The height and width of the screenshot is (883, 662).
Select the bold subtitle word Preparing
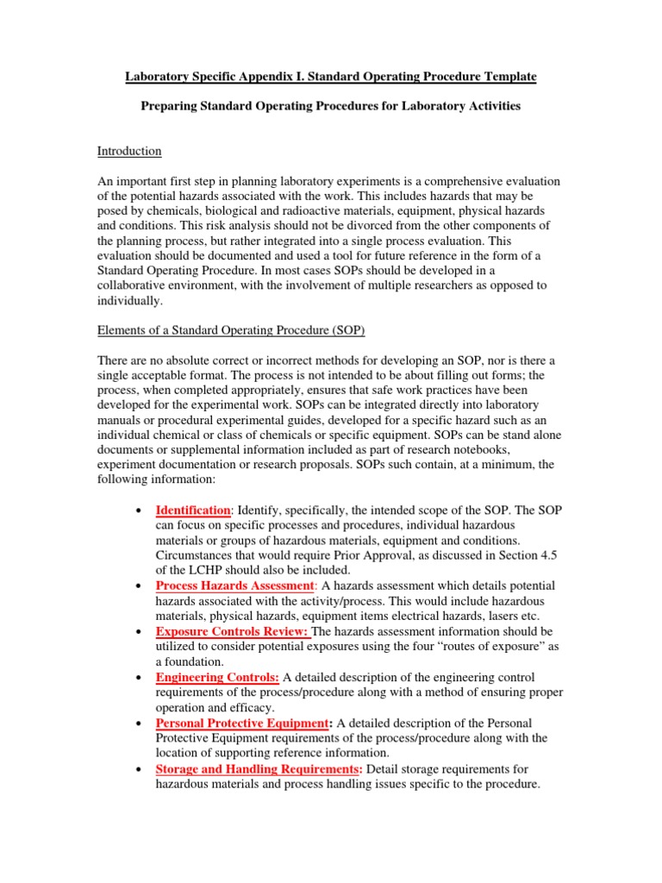pyautogui.click(x=170, y=105)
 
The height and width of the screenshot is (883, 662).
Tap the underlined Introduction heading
pyautogui.click(x=129, y=151)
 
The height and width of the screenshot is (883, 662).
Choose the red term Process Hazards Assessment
pyautogui.click(x=234, y=586)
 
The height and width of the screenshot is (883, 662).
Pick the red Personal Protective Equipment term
pyautogui.click(x=242, y=723)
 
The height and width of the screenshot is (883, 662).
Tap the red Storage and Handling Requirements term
pyautogui.click(x=257, y=769)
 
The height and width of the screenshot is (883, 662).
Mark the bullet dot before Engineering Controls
pyautogui.click(x=139, y=678)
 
